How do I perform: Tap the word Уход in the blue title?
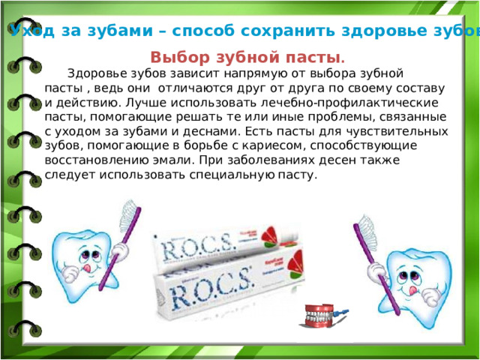31,31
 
